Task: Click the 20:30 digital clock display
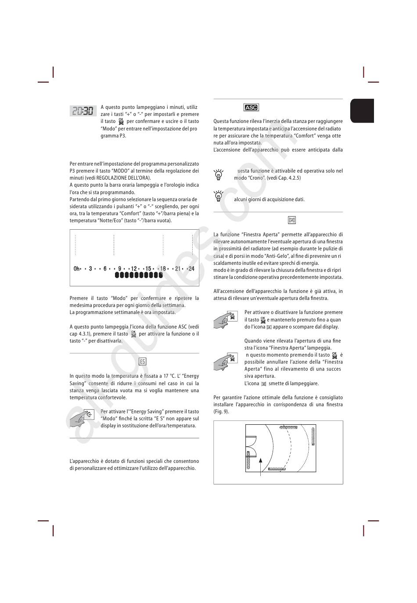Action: tap(83, 111)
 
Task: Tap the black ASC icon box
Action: tap(251, 107)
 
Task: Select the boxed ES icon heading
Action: tap(142, 361)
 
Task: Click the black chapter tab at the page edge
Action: tap(362, 111)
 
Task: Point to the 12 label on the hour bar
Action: tap(134, 269)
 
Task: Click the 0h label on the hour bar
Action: tap(77, 269)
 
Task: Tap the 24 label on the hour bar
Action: tap(191, 269)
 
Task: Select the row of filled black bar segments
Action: tap(139, 275)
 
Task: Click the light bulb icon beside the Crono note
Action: tap(218, 174)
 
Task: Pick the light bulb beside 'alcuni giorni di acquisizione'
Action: tap(218, 196)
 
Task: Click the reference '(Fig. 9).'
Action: tap(221, 412)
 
